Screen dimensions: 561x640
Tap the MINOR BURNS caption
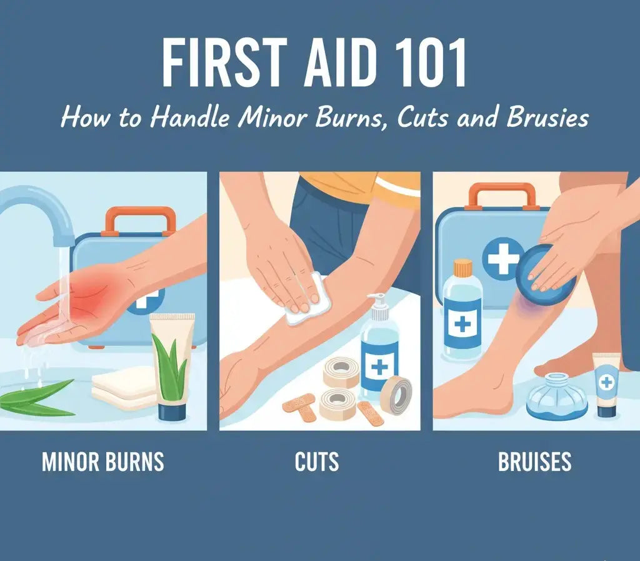tap(103, 462)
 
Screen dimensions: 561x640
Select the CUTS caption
tap(317, 462)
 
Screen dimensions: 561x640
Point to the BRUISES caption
tap(534, 462)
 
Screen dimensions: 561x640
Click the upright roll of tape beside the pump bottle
tap(397, 395)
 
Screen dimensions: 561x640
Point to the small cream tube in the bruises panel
tap(606, 384)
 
